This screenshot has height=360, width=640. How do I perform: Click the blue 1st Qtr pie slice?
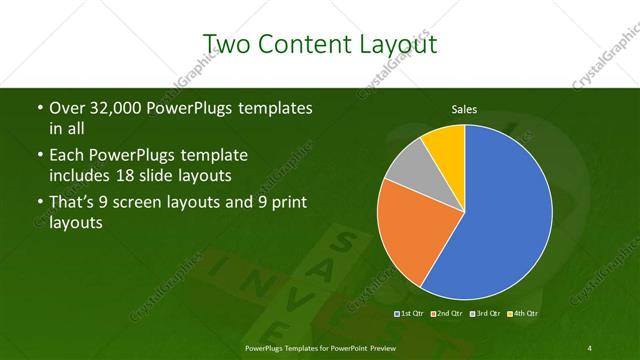510,215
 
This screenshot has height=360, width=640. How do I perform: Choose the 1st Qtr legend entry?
411,314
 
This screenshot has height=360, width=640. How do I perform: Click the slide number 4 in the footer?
590,347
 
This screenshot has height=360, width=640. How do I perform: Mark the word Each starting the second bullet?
65,157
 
